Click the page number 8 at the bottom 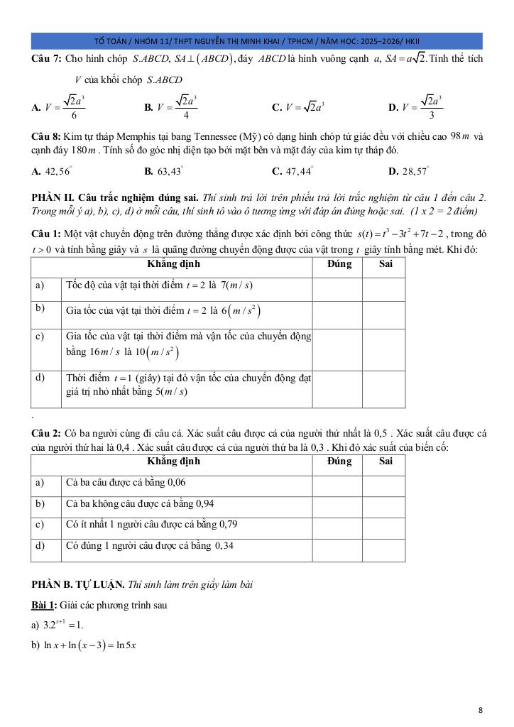(481, 709)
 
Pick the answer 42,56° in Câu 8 (57, 171)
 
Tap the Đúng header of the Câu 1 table (337, 264)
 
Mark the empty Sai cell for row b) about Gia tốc (383, 311)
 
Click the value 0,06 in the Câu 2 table (175, 483)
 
